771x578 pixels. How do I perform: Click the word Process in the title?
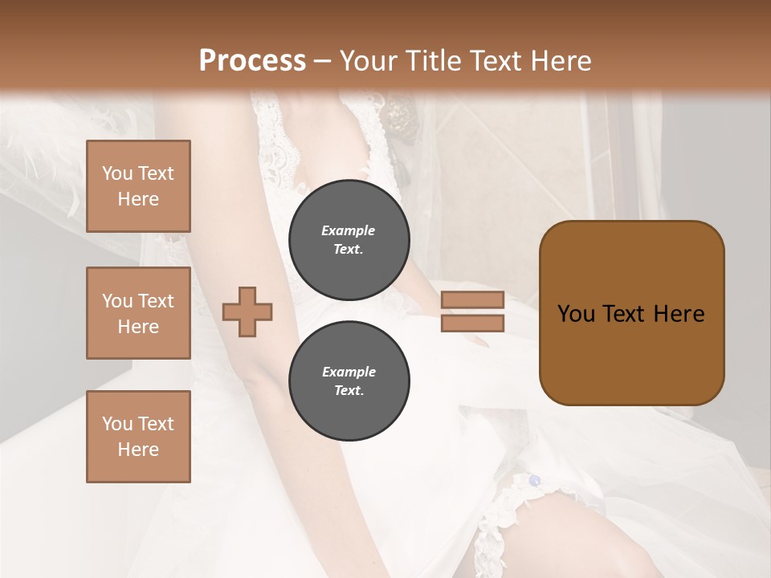click(252, 61)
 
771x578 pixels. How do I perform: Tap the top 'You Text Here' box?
click(138, 186)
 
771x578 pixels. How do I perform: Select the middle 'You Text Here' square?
click(138, 313)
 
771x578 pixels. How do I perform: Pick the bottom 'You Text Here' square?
click(138, 437)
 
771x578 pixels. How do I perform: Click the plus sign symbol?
click(247, 311)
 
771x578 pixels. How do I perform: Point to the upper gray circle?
click(349, 239)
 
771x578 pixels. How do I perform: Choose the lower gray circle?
click(349, 381)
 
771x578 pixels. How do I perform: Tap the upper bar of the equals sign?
click(472, 299)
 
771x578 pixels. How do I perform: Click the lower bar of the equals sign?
click(472, 323)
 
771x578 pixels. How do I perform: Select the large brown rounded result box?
click(631, 313)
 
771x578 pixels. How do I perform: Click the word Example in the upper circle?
click(349, 230)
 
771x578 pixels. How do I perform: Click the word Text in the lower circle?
click(348, 391)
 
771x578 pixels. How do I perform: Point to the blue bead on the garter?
click(534, 481)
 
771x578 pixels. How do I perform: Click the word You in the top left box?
click(117, 173)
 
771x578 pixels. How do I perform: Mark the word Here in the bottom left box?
click(138, 450)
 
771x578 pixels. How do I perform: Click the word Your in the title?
click(368, 61)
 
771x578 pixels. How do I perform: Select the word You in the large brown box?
click(576, 314)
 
